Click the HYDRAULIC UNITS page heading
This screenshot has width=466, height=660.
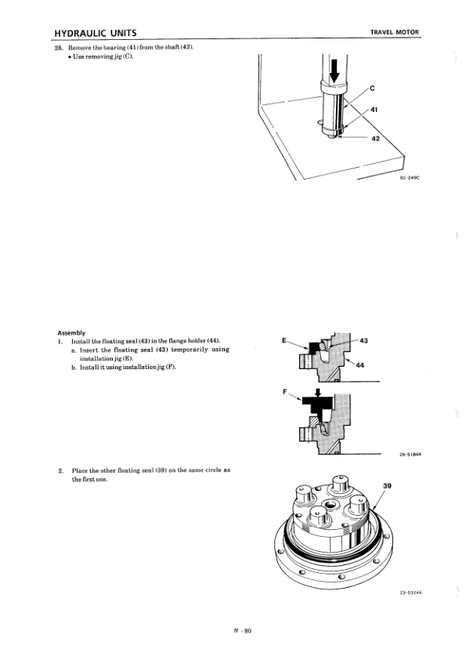coord(96,33)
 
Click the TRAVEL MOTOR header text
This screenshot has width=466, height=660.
coord(395,32)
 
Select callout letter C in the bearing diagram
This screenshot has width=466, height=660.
coord(372,89)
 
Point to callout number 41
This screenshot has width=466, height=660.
coord(374,110)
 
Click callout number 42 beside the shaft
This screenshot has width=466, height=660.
coord(376,139)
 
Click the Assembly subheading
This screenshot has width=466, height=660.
coord(71,332)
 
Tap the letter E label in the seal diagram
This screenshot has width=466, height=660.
coord(284,340)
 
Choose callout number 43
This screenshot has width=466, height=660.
coord(364,340)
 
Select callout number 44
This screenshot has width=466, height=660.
coord(360,365)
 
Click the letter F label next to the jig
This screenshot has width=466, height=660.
coord(284,392)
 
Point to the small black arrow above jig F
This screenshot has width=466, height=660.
coord(319,392)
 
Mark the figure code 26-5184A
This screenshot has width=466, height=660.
coord(410,454)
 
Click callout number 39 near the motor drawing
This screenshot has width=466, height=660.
coord(388,486)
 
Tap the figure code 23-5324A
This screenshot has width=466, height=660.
coord(410,593)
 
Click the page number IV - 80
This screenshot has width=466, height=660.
coord(243,630)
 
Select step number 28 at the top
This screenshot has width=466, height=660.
coord(59,47)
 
